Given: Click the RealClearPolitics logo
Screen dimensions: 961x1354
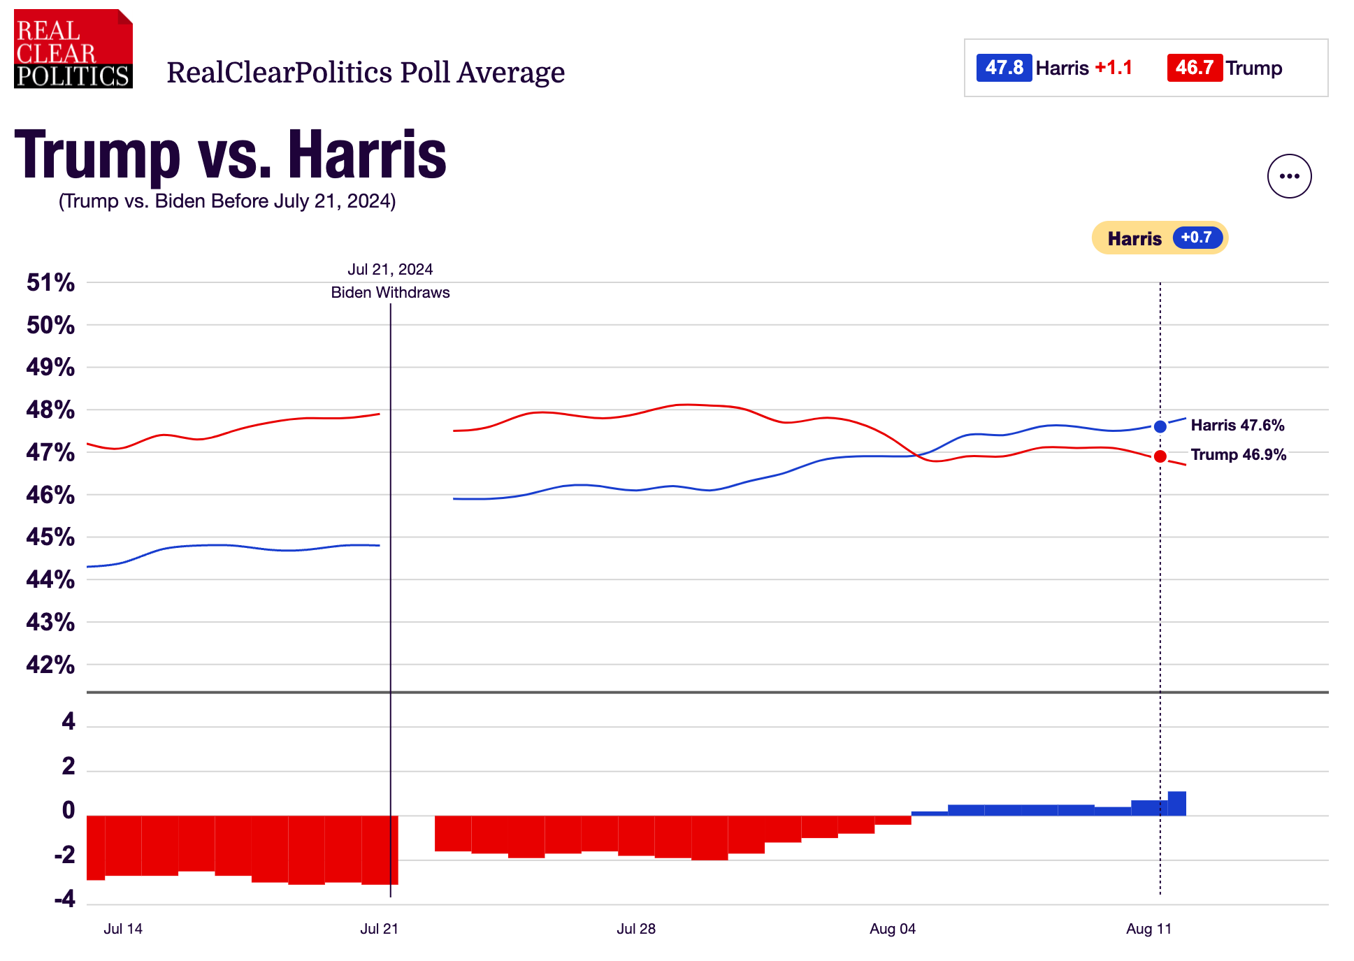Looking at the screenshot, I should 73,49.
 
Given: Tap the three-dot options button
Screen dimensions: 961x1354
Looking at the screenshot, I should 1289,176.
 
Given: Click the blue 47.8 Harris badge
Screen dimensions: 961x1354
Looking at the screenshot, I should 1004,68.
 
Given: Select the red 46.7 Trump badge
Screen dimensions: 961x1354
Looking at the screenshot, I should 1194,68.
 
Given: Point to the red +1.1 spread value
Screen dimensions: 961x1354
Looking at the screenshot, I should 1113,68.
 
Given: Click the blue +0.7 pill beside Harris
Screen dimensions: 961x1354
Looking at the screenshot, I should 1197,238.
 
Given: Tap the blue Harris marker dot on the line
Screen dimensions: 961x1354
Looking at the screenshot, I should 1160,426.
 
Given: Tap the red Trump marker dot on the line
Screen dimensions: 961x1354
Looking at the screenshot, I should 1160,456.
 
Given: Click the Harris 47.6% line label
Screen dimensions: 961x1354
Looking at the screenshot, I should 1237,425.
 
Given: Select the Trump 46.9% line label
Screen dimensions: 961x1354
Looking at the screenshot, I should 1238,454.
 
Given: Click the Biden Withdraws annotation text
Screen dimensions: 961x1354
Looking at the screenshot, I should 390,292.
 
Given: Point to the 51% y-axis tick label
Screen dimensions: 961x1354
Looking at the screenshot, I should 50,282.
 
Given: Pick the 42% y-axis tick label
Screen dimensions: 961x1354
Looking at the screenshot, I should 50,665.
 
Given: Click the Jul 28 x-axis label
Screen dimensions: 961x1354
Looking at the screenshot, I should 635,929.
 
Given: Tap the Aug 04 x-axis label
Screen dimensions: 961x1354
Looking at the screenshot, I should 892,929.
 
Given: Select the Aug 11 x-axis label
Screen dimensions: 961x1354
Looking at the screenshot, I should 1148,929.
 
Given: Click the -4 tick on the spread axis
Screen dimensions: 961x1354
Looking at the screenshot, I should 64,899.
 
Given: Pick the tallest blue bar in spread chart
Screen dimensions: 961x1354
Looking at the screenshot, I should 1176,804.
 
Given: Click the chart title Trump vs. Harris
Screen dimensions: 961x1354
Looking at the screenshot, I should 230,154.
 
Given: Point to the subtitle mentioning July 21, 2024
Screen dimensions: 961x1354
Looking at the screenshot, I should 227,201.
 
